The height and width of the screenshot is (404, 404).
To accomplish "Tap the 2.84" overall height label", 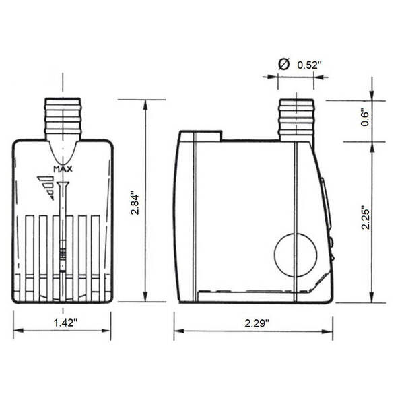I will pos(135,201).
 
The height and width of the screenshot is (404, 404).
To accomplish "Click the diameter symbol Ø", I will pos(284,64).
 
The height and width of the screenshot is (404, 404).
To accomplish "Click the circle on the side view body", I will pos(296,253).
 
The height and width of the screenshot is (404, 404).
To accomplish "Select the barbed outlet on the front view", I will pos(63,119).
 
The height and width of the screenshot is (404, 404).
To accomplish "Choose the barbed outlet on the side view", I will pos(296,119).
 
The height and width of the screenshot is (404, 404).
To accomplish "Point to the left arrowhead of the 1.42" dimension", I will pos(17,331).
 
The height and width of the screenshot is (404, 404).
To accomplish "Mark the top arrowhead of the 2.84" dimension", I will pos(146,103).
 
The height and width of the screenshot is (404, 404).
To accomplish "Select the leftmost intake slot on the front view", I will pos(30,256).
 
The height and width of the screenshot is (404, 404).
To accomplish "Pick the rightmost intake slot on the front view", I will pos(96,256).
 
